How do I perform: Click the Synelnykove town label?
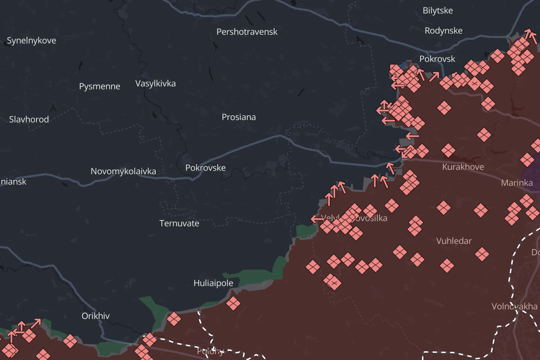coord(31,40)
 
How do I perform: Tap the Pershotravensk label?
coord(247,32)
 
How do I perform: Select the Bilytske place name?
coord(438,10)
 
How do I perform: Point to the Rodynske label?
coord(443,31)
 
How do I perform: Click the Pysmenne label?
coord(99,86)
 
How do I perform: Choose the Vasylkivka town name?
coord(155,83)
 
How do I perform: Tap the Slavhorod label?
coord(29,119)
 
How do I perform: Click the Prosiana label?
coord(239,117)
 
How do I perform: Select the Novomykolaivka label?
coord(123,171)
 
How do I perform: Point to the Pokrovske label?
coord(205,168)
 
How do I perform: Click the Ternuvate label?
coord(179,223)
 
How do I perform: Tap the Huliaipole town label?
coord(213,283)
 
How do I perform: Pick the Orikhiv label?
coord(95,316)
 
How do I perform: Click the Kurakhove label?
coord(463,167)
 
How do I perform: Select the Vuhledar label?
coord(454,241)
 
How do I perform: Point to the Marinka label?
coord(516,183)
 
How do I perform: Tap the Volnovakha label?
coord(514,306)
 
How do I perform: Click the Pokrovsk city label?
coord(437,59)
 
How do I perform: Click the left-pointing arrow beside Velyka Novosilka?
coord(317,219)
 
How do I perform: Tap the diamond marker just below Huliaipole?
coord(233,303)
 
